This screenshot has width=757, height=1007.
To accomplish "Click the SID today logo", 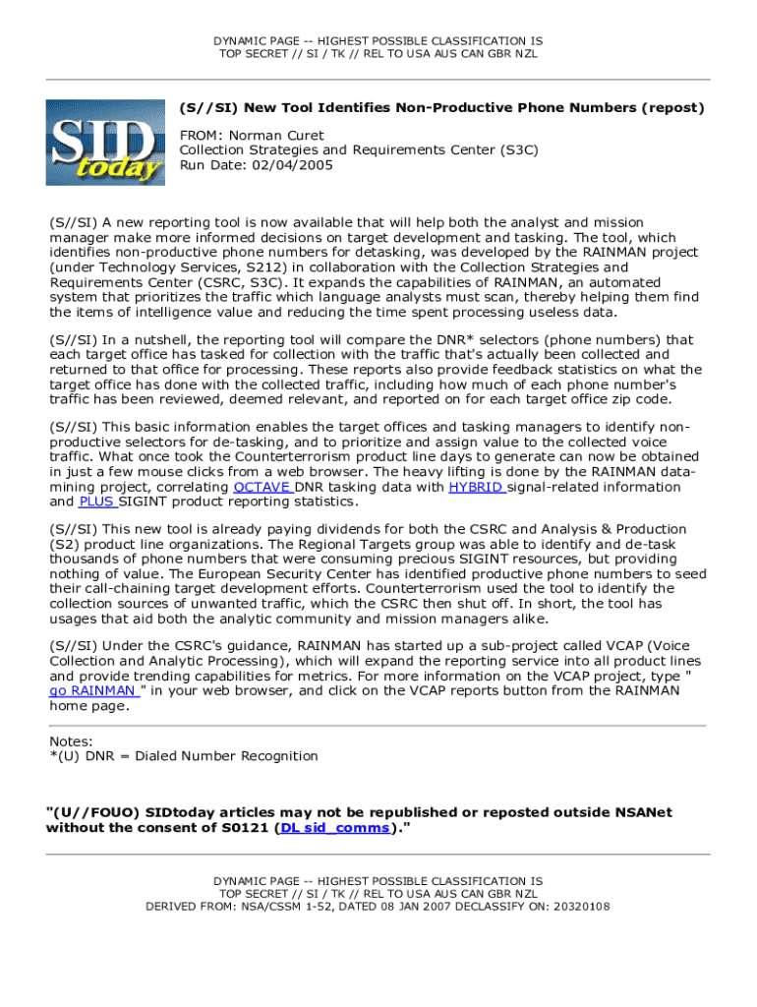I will coord(105,142).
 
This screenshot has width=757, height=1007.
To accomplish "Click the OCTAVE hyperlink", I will coord(262,487).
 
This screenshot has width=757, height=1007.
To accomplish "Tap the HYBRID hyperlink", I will coord(477,487).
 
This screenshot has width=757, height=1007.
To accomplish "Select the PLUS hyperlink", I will coord(96,502).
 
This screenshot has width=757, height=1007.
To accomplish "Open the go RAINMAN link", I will coord(93,690).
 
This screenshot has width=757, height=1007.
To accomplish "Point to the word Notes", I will coord(71,740).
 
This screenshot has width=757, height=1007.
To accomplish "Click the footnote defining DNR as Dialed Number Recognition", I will coord(184,756).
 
